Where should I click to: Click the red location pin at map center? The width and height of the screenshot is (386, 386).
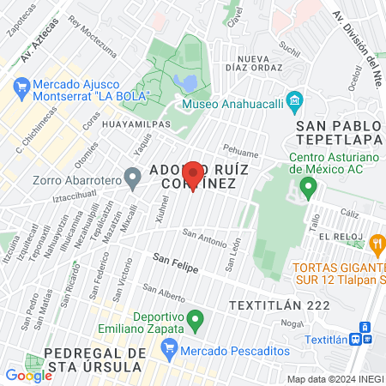[x=194, y=174]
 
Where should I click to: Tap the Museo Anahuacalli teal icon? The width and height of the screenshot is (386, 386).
[x=294, y=101]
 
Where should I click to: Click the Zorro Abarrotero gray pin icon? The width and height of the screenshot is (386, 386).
[x=132, y=179]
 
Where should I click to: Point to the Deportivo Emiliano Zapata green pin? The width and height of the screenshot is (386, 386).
[x=196, y=322]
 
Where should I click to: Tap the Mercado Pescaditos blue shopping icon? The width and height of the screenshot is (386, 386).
[x=169, y=348]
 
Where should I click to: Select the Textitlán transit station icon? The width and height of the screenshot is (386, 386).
[x=365, y=333]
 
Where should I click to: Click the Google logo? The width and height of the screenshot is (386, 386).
[x=28, y=375]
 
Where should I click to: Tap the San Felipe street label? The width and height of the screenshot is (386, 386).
[x=175, y=262]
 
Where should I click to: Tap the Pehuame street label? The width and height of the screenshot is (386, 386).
[x=240, y=147]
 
